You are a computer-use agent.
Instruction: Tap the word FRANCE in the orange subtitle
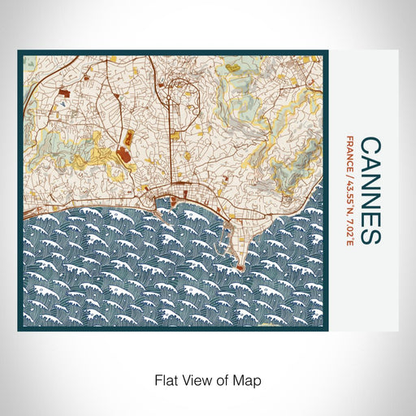tap(349, 153)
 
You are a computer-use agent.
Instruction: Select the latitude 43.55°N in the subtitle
tap(349, 193)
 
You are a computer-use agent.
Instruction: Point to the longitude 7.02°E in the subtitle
tap(349, 230)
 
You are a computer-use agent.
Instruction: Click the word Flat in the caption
tap(165, 379)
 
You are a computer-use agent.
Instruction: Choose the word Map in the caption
tap(249, 379)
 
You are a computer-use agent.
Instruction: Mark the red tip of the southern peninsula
tap(241, 265)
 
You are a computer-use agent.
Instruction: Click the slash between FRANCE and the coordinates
tap(349, 174)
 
